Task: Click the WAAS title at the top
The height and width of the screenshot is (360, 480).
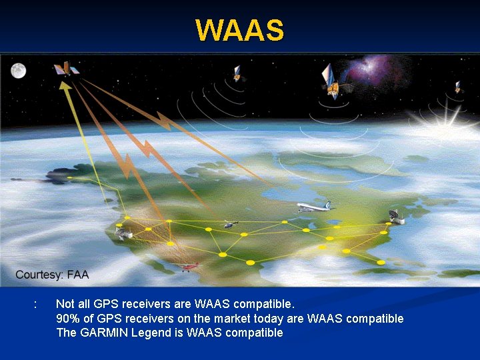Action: (x=239, y=30)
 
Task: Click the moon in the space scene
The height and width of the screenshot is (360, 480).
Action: (x=18, y=70)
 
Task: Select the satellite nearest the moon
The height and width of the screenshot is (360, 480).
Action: (x=65, y=69)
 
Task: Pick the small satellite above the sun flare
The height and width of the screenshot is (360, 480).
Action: (x=457, y=87)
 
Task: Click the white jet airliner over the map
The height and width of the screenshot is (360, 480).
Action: (x=313, y=207)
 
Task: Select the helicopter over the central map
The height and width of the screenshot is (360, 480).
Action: (x=230, y=225)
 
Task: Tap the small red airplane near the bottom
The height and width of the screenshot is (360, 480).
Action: (x=191, y=267)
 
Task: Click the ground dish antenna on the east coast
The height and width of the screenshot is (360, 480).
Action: (x=396, y=217)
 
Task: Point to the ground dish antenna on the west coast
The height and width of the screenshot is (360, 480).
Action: (x=123, y=233)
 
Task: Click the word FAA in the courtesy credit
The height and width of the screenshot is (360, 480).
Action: (x=77, y=275)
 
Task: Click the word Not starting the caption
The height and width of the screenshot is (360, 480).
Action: (x=65, y=304)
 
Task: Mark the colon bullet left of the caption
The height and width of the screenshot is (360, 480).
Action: (x=35, y=305)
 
